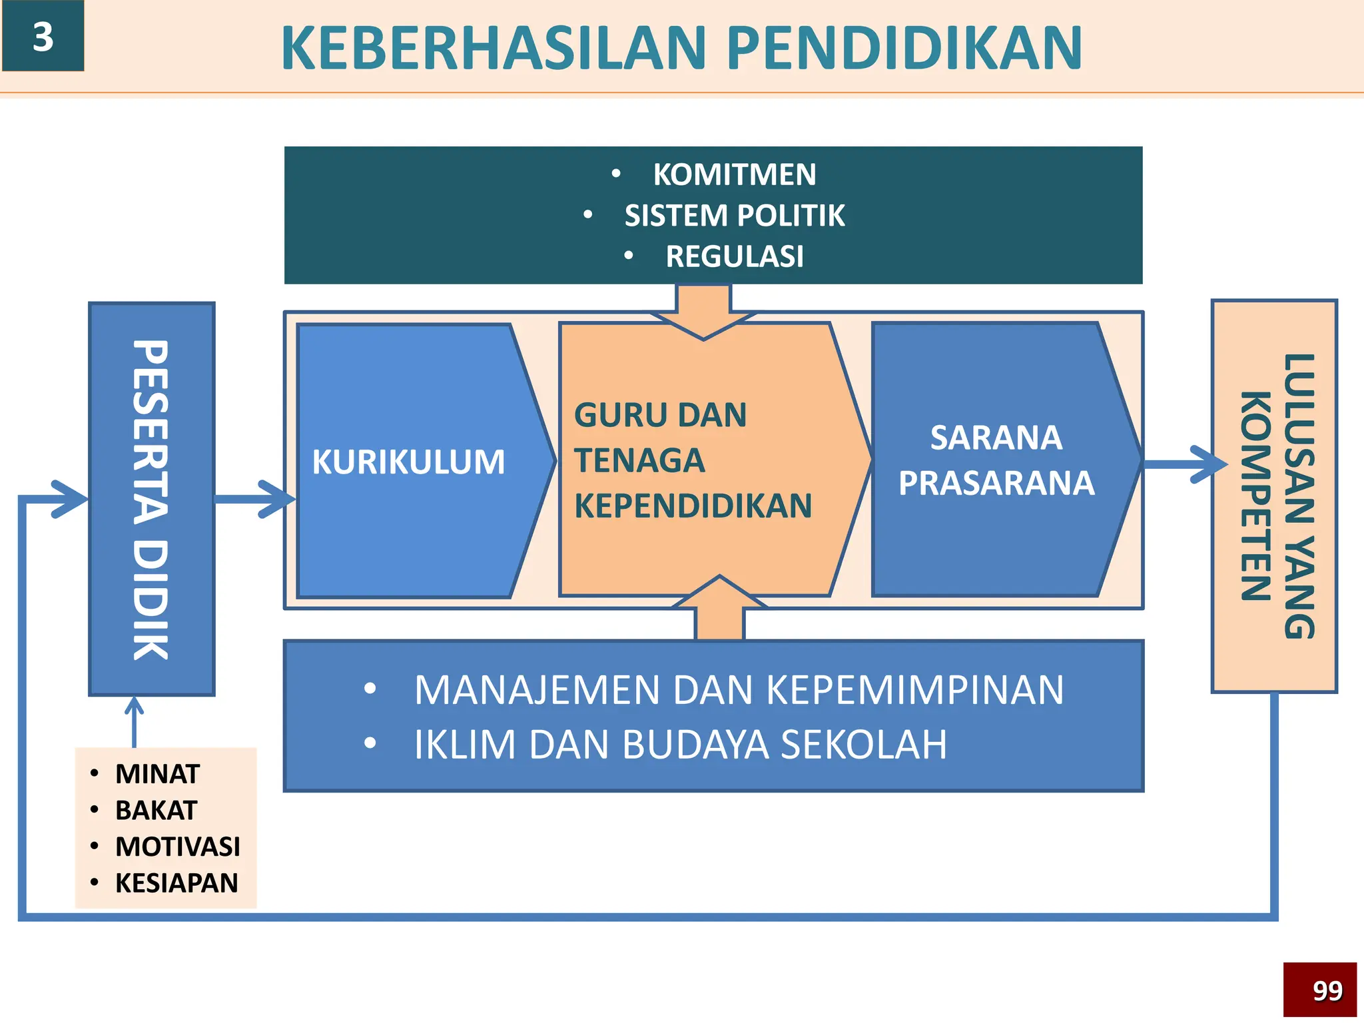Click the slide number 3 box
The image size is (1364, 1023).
[43, 37]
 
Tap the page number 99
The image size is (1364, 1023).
[1327, 990]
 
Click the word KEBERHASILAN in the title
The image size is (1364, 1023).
[493, 48]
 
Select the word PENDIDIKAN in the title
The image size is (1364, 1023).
[904, 48]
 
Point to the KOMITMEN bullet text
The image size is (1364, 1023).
[734, 174]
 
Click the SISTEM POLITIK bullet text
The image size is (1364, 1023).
[734, 216]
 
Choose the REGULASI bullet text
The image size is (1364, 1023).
[734, 256]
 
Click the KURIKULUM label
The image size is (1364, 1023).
[408, 462]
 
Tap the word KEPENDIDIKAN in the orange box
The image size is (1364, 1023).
[693, 506]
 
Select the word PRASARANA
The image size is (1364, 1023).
[996, 483]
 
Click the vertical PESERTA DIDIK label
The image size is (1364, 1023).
[151, 500]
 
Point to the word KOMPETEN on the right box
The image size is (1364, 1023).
[1256, 496]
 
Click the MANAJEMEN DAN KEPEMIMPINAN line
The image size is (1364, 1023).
[738, 690]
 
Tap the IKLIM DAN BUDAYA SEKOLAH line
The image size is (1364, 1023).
[679, 745]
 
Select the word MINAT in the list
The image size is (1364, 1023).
[157, 774]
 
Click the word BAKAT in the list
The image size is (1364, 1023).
[156, 811]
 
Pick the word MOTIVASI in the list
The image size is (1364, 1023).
[177, 847]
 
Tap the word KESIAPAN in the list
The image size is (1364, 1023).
[176, 883]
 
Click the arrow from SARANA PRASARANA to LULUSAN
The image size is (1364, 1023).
[1186, 464]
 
